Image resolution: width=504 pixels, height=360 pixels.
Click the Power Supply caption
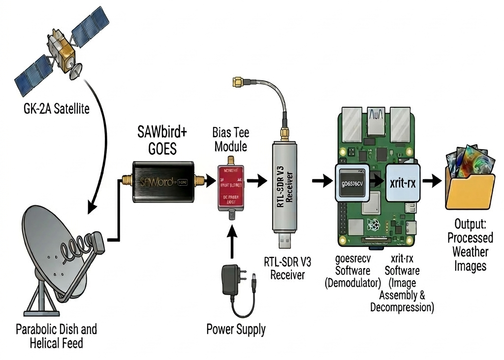(x=236, y=328)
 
